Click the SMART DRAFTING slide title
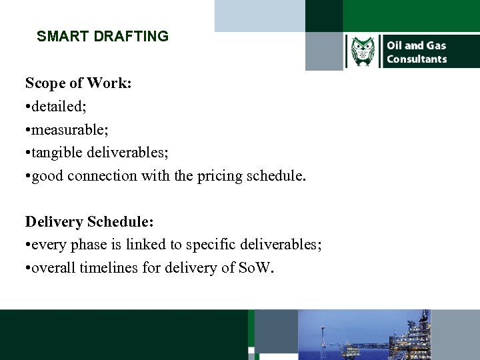pos(103,37)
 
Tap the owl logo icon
pos(363,52)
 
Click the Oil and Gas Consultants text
pos(417,52)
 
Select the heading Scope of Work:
pos(79,83)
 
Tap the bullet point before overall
pos(28,269)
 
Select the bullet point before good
pos(28,177)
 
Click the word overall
pos(55,269)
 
